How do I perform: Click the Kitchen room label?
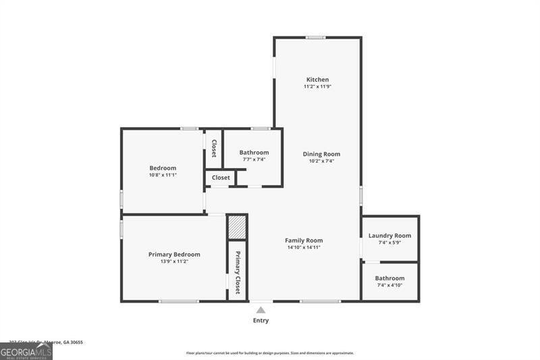pos(317,80)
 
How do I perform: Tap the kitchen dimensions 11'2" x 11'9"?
pos(317,87)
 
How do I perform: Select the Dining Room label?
pos(321,154)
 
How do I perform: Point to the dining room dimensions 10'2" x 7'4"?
pos(321,161)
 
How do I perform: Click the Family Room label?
pos(304,240)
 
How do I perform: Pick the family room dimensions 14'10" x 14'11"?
pos(304,248)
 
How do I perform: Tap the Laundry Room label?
pos(389,236)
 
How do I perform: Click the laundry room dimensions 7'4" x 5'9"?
pos(389,242)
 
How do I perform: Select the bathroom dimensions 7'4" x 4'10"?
pos(389,286)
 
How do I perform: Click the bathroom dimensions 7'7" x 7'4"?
pos(254,160)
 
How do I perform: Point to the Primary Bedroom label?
pos(174,255)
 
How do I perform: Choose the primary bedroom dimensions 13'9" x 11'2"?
pos(174,261)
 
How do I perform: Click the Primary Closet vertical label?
pos(238,273)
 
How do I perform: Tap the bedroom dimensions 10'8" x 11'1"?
pos(163,176)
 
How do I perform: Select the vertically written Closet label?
pos(214,149)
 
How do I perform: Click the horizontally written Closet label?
pos(221,178)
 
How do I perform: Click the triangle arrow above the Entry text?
pos(261,310)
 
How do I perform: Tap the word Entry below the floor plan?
pos(261,321)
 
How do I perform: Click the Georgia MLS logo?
pos(26,351)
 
